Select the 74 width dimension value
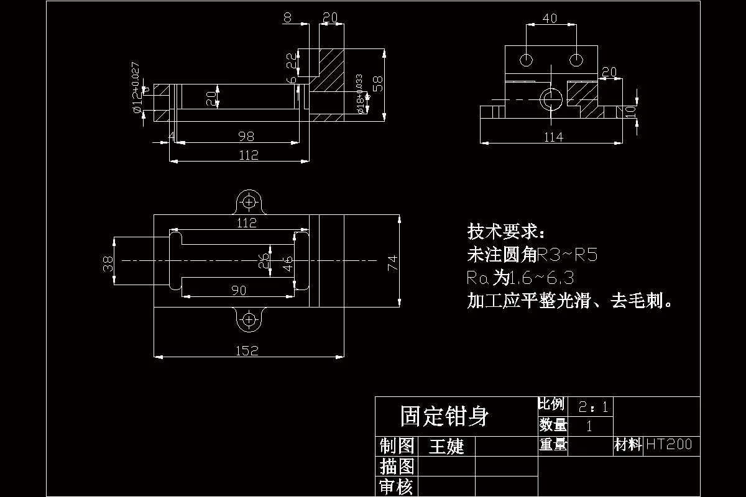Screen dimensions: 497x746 [392, 262]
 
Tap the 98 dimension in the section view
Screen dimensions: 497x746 [246, 136]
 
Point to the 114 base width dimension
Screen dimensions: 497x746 [553, 137]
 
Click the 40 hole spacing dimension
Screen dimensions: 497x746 [550, 19]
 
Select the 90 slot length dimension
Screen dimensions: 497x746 [238, 290]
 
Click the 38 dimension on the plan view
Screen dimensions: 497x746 [108, 263]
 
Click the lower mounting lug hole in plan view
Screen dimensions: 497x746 [249, 320]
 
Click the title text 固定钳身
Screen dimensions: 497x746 [444, 416]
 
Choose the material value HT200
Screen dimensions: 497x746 [669, 444]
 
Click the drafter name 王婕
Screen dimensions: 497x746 [447, 446]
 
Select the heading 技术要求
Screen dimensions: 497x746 [507, 232]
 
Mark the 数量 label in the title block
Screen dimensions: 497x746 [553, 425]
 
